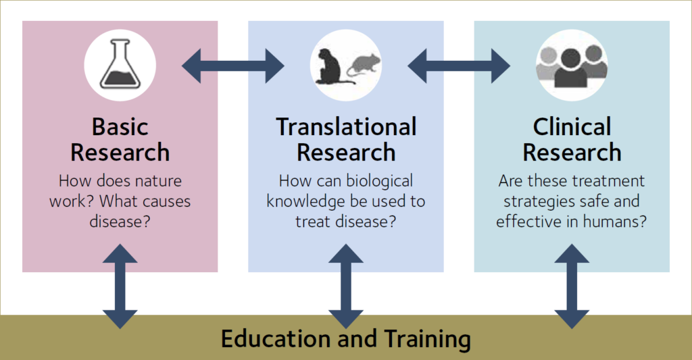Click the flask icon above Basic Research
[x=120, y=65]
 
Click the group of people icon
[x=572, y=65]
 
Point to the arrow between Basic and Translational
[x=233, y=66]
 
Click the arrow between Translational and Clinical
[x=459, y=66]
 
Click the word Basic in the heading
[x=120, y=127]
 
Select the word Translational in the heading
[x=346, y=127]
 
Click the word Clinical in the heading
[x=572, y=127]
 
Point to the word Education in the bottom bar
[x=276, y=338]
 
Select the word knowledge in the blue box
[x=305, y=201]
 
